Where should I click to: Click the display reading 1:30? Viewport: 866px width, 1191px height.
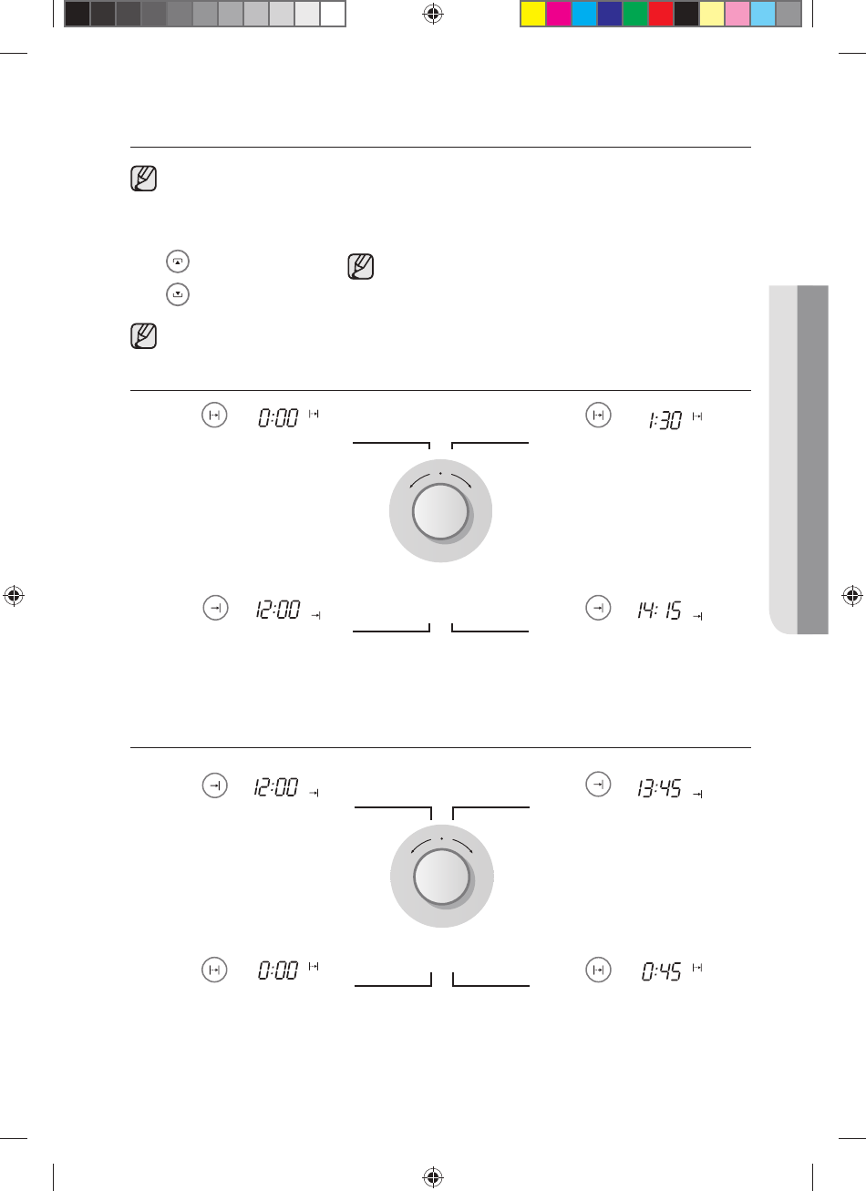pyautogui.click(x=665, y=420)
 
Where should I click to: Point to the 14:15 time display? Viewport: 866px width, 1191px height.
pyautogui.click(x=659, y=610)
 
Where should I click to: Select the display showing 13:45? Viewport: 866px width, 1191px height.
pyautogui.click(x=659, y=788)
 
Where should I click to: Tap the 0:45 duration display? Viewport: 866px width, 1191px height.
pyautogui.click(x=661, y=971)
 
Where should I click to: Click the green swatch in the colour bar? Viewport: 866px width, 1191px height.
pyautogui.click(x=635, y=14)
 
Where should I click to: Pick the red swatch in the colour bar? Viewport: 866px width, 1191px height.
pyautogui.click(x=661, y=14)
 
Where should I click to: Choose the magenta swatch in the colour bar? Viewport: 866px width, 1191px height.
pyautogui.click(x=559, y=14)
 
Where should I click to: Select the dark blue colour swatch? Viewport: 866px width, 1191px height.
pyautogui.click(x=610, y=14)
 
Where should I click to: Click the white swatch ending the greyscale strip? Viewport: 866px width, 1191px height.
pyautogui.click(x=333, y=14)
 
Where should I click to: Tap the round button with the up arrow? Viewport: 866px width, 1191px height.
pyautogui.click(x=178, y=262)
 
